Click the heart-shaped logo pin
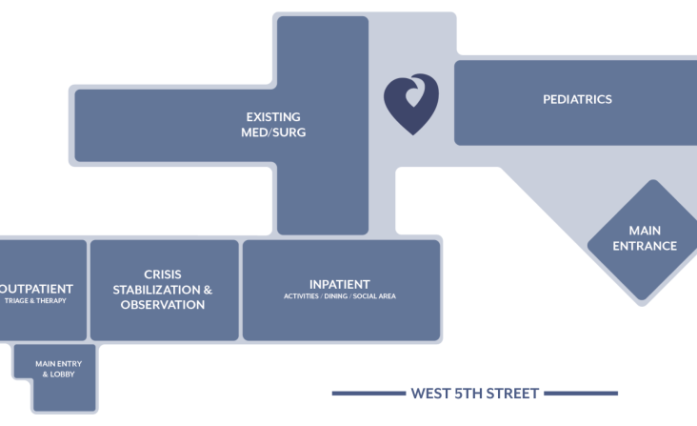point(411,104)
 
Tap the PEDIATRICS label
point(577,99)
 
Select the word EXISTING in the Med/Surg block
point(273,117)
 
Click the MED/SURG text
point(273,132)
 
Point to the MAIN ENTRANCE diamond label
point(645,238)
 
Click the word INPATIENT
point(340,285)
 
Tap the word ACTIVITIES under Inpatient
point(301,296)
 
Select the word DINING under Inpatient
point(335,296)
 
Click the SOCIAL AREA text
point(374,296)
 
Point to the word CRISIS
point(163,274)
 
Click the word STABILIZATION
point(156,290)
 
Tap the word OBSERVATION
point(163,305)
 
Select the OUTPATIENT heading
point(35,289)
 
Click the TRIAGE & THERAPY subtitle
point(35,300)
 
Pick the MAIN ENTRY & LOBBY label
point(59,369)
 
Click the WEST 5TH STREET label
point(475,394)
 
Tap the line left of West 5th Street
point(368,393)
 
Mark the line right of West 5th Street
point(581,393)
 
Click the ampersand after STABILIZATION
point(208,290)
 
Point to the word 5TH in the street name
point(468,394)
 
